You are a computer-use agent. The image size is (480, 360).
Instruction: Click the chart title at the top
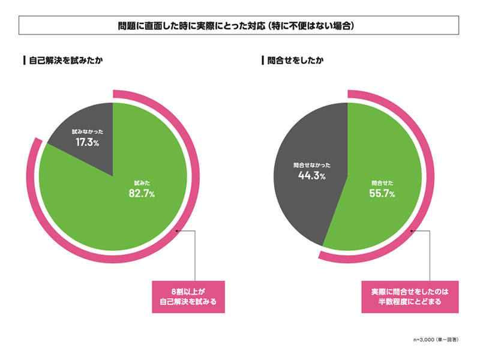pos(239,26)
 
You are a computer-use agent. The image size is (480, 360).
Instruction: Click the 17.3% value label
pos(87,142)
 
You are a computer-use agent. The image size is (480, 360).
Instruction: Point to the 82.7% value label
pos(142,193)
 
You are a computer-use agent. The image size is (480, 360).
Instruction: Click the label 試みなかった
pos(86,130)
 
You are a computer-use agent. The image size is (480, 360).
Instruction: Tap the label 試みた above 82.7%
pos(142,182)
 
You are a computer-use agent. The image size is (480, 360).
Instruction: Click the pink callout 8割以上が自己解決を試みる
pos(188,296)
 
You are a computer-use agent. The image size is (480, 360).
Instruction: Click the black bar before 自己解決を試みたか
pos(23,61)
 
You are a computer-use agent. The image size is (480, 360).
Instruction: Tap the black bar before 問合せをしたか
pos(263,61)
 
